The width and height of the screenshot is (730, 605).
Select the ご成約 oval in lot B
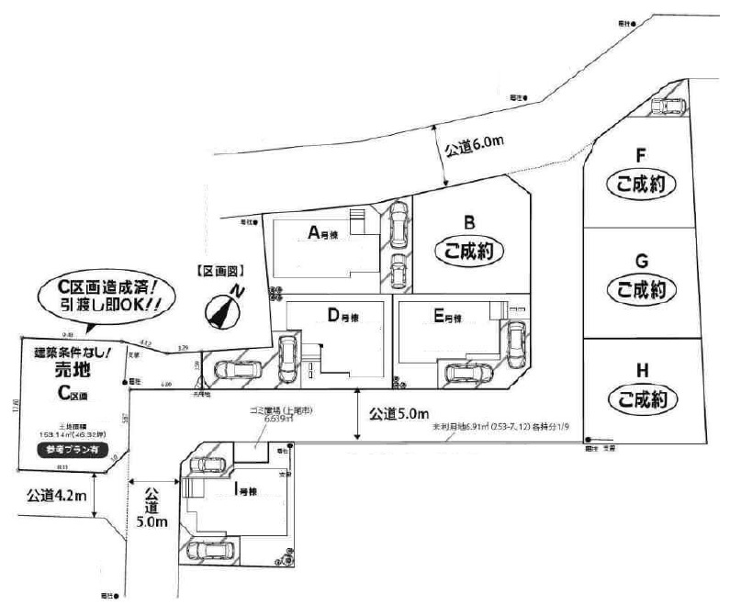[x=469, y=250]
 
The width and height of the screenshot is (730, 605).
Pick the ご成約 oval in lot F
[x=642, y=184]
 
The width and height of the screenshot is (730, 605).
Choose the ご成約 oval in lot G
[x=642, y=289]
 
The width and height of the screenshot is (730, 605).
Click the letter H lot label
[x=642, y=370]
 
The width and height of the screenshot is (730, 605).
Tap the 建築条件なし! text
[x=73, y=351]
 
